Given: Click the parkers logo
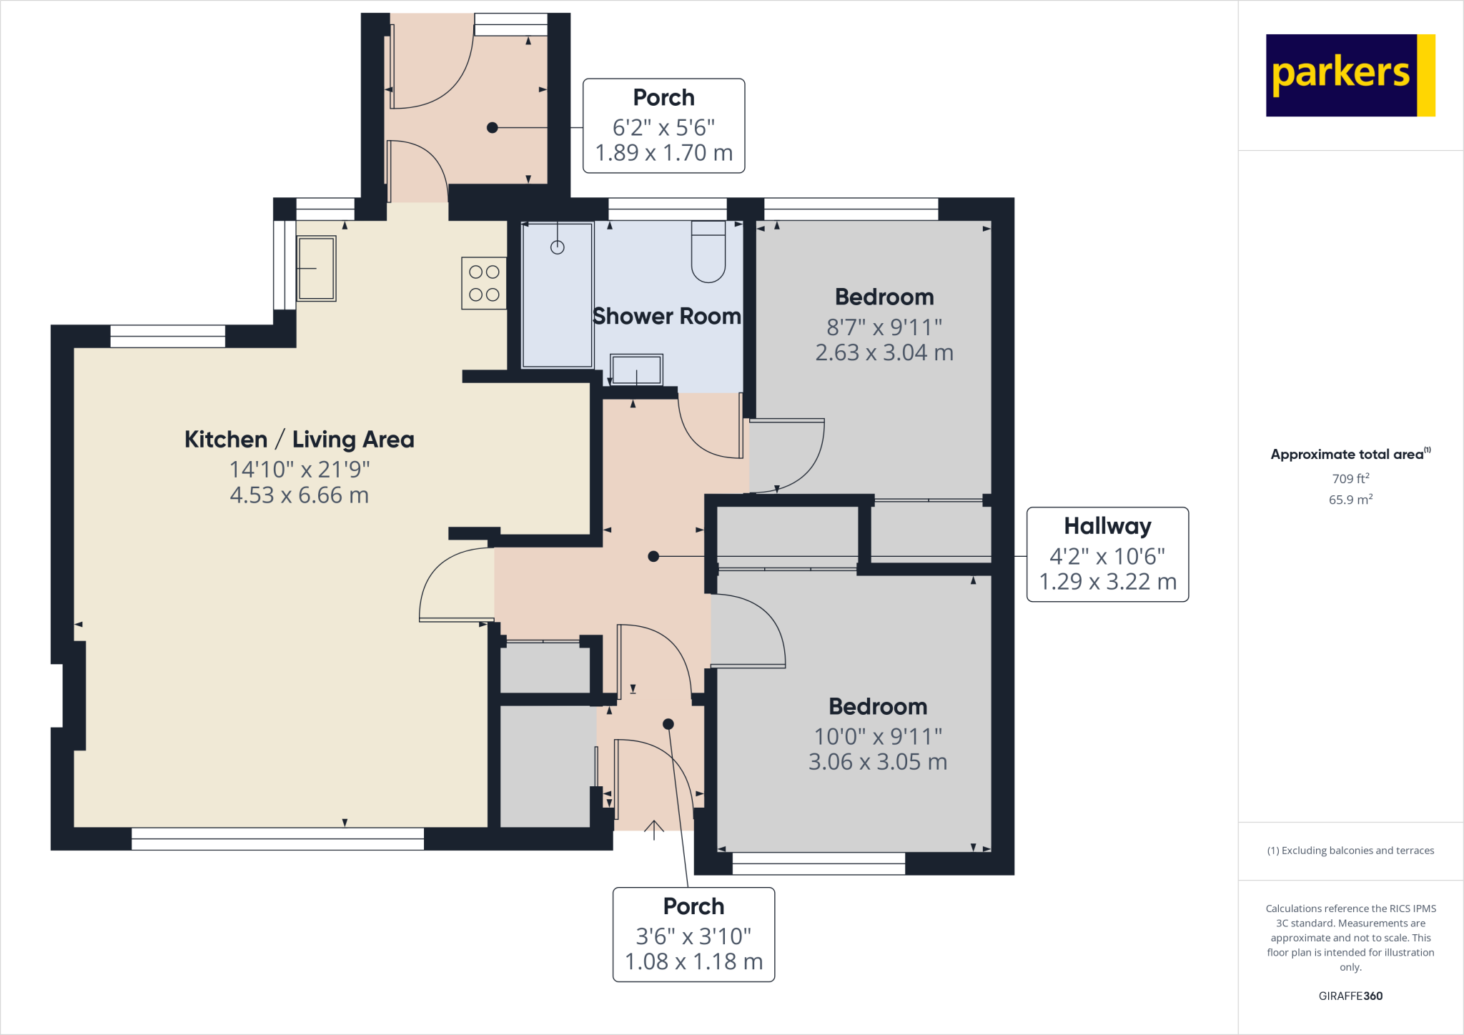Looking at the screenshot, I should [x=1350, y=75].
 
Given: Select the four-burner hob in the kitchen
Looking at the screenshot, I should [x=484, y=283].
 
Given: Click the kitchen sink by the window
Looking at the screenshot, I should [x=316, y=268].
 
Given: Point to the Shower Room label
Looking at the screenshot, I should [x=666, y=316].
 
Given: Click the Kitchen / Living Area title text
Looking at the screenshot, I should [x=299, y=439].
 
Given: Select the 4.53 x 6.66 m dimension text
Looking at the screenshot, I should [x=299, y=495].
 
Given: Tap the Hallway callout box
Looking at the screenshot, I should [x=1107, y=554].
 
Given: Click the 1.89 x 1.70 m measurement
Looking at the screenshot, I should [x=663, y=152].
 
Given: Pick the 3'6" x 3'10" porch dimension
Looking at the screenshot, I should [x=693, y=936].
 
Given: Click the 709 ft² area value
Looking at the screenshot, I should [x=1350, y=478].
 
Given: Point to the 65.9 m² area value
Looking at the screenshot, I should [x=1350, y=500].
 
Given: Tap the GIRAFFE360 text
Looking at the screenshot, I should [x=1350, y=996].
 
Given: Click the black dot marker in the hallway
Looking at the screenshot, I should [x=653, y=556].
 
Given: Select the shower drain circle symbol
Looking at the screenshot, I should [x=558, y=247].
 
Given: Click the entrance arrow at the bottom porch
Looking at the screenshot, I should [x=653, y=830].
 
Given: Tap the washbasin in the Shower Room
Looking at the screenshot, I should [x=635, y=370].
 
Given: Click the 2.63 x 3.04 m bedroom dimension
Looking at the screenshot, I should [x=884, y=352].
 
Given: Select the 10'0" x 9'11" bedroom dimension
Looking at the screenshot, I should [x=877, y=736].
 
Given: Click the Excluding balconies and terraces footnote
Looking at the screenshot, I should [x=1350, y=851].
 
